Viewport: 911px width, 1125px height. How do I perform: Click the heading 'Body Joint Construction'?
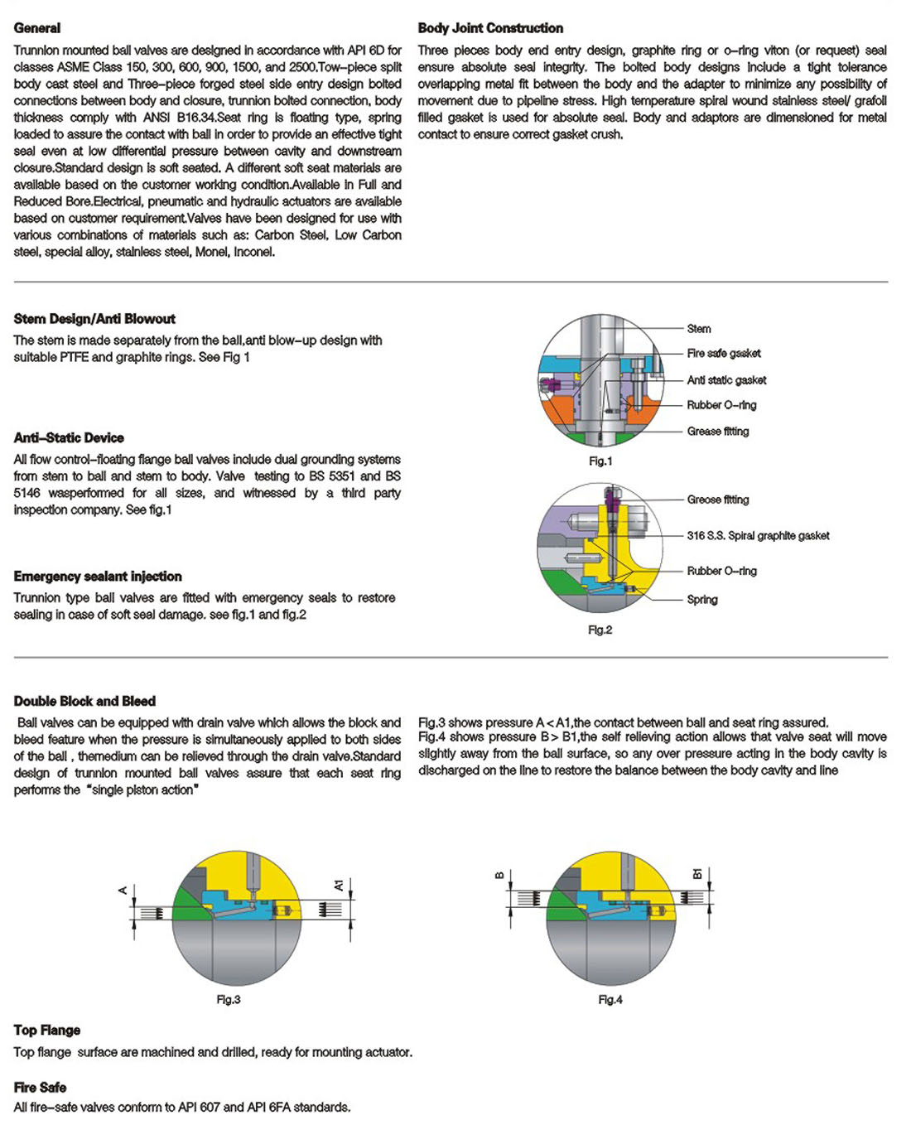490,28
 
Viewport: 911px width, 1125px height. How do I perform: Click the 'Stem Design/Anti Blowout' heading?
94,319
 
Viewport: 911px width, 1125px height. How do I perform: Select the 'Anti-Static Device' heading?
69,438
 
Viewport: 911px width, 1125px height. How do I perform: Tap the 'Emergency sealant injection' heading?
98,577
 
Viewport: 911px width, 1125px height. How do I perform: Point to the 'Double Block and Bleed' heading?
84,701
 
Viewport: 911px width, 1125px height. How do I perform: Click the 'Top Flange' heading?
47,1031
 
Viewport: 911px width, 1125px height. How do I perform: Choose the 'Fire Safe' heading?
40,1088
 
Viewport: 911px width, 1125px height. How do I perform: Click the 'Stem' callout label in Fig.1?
699,329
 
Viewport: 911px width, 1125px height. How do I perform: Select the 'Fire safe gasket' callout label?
724,354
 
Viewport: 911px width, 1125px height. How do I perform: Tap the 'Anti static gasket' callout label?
726,380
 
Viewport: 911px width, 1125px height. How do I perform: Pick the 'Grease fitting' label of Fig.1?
718,432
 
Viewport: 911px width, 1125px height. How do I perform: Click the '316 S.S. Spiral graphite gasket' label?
758,536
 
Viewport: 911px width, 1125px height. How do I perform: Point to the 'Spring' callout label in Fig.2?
702,600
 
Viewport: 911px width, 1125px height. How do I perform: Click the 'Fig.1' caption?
600,461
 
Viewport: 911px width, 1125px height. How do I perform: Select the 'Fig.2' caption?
600,630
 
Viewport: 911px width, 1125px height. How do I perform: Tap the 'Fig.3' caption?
229,1000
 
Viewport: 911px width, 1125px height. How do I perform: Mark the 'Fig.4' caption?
610,1000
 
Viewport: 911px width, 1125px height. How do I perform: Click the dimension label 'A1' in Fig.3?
339,886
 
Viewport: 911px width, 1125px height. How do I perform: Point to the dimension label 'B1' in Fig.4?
697,874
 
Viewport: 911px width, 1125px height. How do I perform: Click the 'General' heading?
37,28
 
